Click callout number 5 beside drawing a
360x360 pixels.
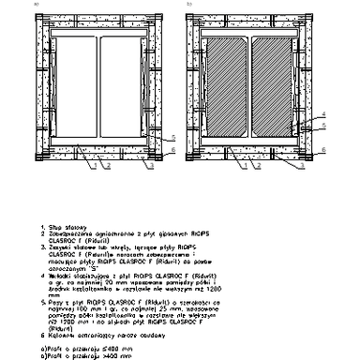172,137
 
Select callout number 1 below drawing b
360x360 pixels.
242,166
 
